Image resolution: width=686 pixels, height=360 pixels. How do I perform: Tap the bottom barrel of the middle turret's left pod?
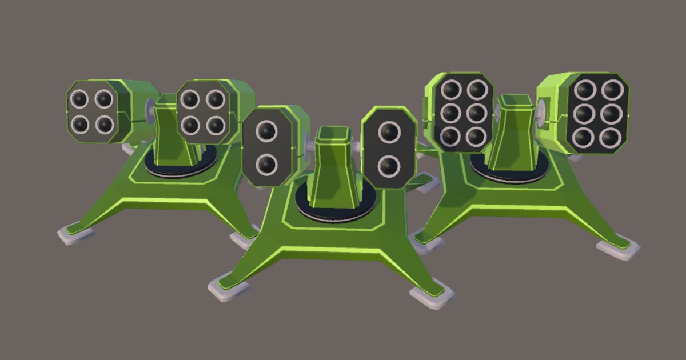(x=266, y=165)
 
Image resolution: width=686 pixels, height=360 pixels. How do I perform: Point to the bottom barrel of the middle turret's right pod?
(x=389, y=166)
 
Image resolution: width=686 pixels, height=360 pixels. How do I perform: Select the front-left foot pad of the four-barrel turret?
(x=76, y=234)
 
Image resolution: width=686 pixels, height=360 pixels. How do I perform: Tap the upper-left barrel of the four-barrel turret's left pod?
(x=79, y=99)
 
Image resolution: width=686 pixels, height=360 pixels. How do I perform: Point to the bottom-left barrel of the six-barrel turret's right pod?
(x=584, y=137)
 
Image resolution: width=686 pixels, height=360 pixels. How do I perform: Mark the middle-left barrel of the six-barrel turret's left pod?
(x=450, y=113)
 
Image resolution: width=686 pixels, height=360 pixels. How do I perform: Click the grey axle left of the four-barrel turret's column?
(x=150, y=107)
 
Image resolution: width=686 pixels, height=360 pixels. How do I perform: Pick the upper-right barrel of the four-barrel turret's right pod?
(x=215, y=99)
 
